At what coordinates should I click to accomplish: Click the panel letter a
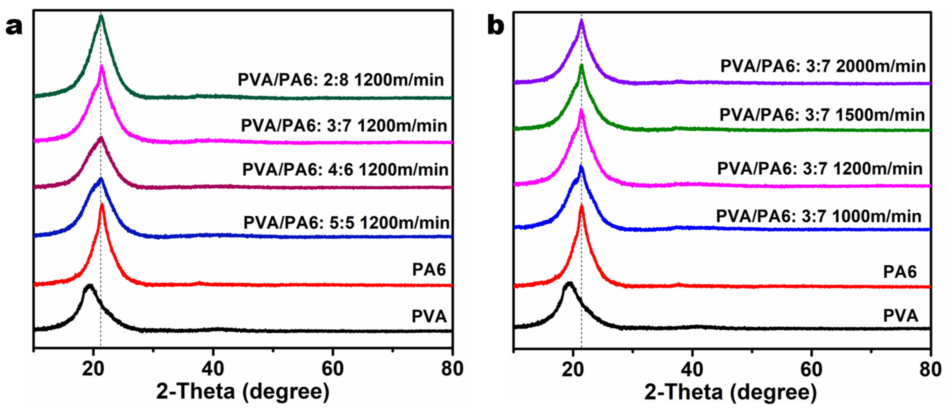[x=14, y=28]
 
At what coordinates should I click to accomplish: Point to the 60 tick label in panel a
[x=333, y=369]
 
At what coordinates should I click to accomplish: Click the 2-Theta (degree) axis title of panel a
[x=243, y=392]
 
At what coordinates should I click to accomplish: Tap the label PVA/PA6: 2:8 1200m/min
[x=341, y=80]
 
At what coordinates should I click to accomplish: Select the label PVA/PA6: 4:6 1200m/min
[x=345, y=170]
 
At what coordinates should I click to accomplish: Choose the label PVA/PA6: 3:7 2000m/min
[x=823, y=67]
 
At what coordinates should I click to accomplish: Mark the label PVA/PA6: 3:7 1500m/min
[x=822, y=115]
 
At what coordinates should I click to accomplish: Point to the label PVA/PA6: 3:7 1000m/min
[x=819, y=216]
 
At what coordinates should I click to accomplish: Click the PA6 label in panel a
[x=429, y=270]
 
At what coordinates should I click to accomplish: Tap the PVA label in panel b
[x=900, y=316]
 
